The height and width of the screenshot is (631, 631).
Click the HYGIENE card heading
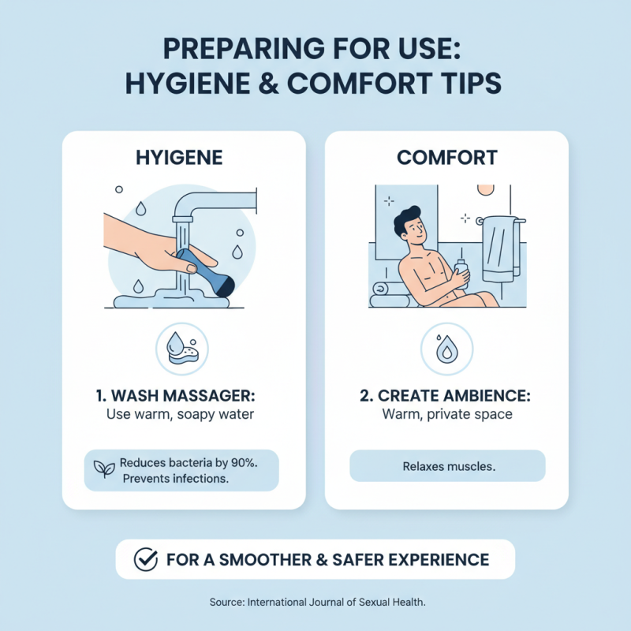(184, 158)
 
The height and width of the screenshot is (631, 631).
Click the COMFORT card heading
(446, 158)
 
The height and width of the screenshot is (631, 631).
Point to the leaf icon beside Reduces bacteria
(104, 469)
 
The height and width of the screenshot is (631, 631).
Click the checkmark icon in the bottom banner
(145, 560)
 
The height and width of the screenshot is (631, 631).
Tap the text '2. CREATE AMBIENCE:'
(446, 394)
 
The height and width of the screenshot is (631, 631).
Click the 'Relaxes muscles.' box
(446, 466)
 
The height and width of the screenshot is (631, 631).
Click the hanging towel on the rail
(498, 248)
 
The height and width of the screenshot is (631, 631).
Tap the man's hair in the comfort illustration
(409, 216)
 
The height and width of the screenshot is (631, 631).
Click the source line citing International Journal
(318, 602)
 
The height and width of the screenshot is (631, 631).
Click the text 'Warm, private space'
(446, 414)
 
